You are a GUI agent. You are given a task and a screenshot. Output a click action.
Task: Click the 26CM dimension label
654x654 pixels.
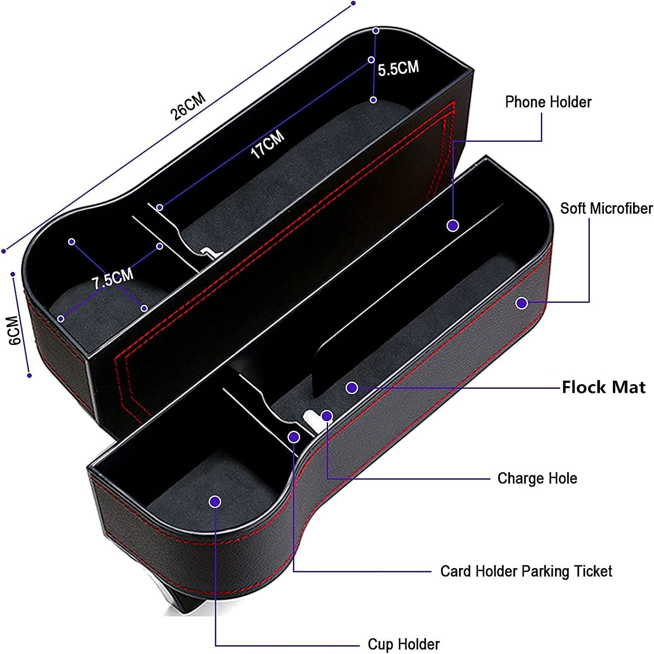click(188, 106)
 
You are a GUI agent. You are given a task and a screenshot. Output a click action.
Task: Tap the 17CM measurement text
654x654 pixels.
click(267, 143)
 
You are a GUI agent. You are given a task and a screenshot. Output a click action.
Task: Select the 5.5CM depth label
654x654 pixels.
click(398, 68)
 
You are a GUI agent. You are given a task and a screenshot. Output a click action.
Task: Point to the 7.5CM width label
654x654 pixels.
click(113, 279)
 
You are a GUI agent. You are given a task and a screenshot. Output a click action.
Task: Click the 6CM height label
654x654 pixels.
click(15, 330)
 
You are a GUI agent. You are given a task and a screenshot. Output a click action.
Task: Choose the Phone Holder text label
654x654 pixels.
click(548, 102)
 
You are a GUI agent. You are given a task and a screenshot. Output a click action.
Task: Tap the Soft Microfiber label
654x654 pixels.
click(606, 208)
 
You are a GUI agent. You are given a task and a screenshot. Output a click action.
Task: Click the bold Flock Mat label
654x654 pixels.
click(603, 387)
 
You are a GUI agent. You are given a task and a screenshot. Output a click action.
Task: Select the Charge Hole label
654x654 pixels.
click(537, 478)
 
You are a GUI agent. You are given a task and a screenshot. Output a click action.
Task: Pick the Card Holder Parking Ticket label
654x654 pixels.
click(526, 571)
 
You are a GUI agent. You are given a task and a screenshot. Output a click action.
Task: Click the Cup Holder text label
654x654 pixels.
click(404, 644)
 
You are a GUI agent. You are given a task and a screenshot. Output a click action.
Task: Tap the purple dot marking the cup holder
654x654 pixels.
click(215, 502)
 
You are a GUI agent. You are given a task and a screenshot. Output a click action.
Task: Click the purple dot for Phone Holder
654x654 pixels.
click(453, 225)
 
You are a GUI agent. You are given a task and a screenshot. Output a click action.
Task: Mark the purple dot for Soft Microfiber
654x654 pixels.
click(522, 303)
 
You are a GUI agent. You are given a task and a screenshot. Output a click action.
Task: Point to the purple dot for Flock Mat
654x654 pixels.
click(352, 388)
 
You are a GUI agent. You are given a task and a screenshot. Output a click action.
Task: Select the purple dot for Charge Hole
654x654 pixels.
click(327, 416)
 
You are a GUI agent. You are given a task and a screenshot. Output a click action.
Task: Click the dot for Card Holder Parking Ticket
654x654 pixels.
click(294, 436)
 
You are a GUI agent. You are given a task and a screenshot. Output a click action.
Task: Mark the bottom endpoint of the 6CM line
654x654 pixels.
click(29, 375)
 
